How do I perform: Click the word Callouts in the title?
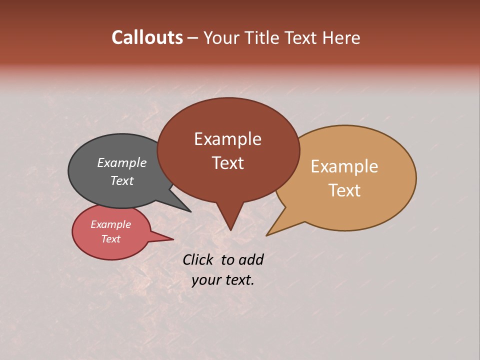click(147, 37)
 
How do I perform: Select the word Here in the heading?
click(341, 37)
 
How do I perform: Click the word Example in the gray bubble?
click(122, 162)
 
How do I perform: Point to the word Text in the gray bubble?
click(122, 180)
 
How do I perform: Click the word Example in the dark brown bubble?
click(227, 139)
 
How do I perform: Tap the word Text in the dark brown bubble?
click(227, 163)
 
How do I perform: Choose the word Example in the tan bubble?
click(344, 166)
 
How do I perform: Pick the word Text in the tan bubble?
click(344, 190)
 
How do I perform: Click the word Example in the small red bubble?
click(110, 224)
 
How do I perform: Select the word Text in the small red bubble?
click(110, 239)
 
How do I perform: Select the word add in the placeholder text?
click(251, 260)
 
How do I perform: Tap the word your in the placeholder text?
click(205, 280)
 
